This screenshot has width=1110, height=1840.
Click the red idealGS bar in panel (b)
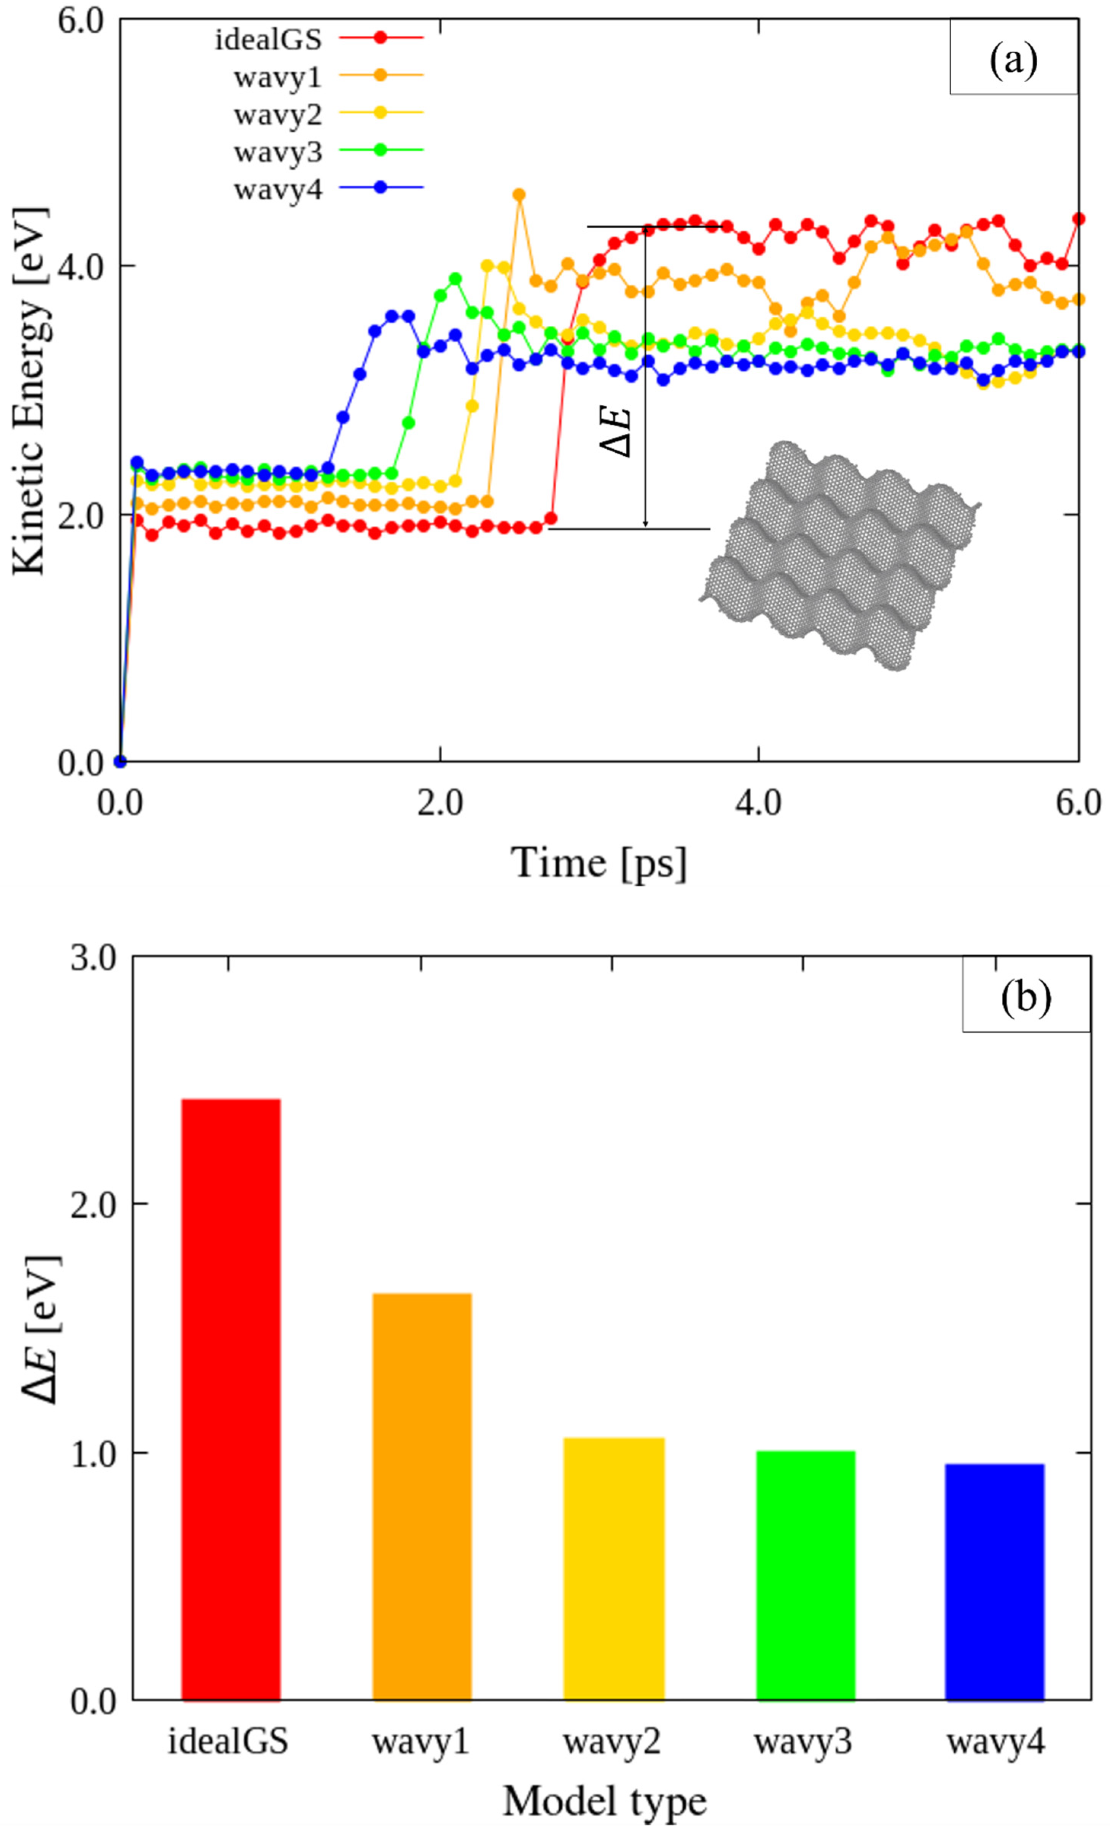pos(231,1404)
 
